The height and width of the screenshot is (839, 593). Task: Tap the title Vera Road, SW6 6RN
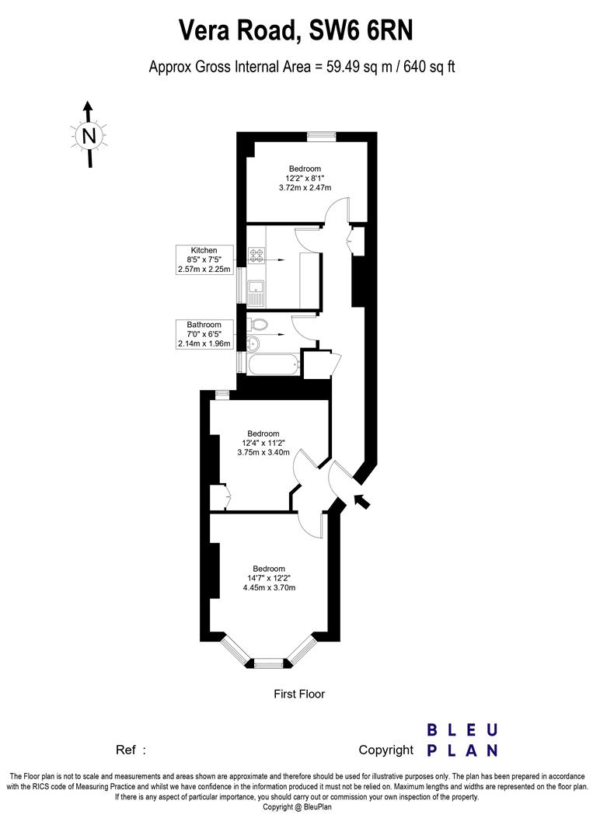coord(296,31)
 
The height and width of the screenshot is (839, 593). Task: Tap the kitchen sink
coord(256,291)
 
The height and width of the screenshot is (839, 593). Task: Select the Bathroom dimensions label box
coord(204,334)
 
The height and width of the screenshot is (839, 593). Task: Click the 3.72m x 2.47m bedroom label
coord(305,178)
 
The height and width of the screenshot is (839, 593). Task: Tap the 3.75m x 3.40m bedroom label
coord(263,443)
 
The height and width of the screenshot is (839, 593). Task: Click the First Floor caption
coord(299,694)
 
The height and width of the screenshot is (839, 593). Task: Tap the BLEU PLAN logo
coord(462,740)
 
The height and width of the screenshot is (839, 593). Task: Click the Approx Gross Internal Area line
coord(302,68)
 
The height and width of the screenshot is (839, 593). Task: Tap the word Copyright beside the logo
coord(385,750)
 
